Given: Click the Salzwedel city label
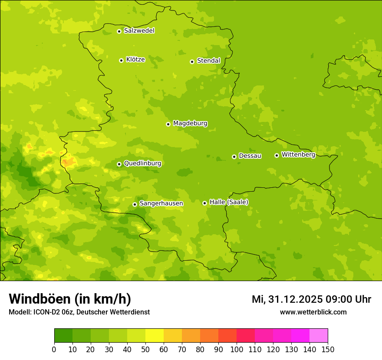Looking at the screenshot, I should [x=139, y=31].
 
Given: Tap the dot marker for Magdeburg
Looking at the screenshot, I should [x=168, y=124].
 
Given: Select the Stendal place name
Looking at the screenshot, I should [x=208, y=61].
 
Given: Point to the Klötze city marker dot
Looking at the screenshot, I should [x=121, y=60].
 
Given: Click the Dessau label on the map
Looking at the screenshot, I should [x=250, y=156].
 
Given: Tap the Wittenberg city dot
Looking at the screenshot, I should [x=277, y=155].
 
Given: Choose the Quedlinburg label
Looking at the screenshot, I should [x=142, y=164].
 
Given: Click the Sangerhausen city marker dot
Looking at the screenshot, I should [x=135, y=204].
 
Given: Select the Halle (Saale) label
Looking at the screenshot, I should [x=229, y=202].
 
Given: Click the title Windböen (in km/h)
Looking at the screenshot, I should [x=70, y=299].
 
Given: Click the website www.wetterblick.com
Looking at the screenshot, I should [x=313, y=312].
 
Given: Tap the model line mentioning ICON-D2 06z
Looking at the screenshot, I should [x=79, y=312].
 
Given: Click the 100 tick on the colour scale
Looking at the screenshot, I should [x=237, y=349].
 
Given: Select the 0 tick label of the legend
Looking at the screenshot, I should [x=54, y=349].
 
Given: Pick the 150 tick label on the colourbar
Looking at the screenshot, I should [x=328, y=349].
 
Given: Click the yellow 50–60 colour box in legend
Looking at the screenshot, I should [x=155, y=336].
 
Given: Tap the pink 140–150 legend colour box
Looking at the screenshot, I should [x=319, y=336].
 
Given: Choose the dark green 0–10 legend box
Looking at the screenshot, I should [x=63, y=336].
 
